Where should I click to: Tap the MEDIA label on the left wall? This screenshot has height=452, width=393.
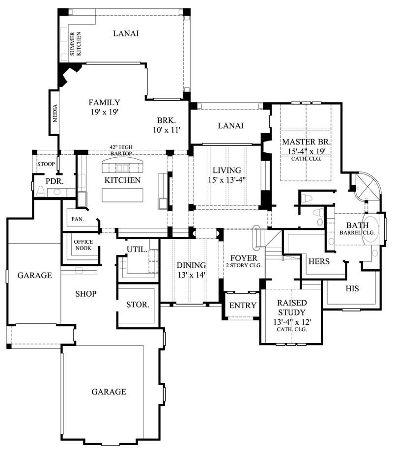(55, 113)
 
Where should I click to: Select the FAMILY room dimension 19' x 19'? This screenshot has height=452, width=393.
(104, 112)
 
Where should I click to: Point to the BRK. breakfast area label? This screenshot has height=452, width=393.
(167, 121)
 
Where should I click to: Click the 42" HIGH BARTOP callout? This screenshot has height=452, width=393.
(123, 150)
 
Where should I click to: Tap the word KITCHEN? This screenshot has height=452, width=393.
(122, 180)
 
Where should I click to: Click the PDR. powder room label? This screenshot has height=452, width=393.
(53, 181)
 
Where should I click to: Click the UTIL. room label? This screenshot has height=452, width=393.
(137, 250)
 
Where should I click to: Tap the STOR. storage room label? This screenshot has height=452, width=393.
(138, 305)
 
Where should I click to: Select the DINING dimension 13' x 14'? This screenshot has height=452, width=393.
(191, 275)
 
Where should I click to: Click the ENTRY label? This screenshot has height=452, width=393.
(243, 306)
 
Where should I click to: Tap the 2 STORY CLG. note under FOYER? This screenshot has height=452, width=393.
(244, 265)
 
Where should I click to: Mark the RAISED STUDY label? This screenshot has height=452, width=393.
(291, 308)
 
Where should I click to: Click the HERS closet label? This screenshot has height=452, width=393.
(318, 261)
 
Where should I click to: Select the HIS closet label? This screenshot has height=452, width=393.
(352, 289)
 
